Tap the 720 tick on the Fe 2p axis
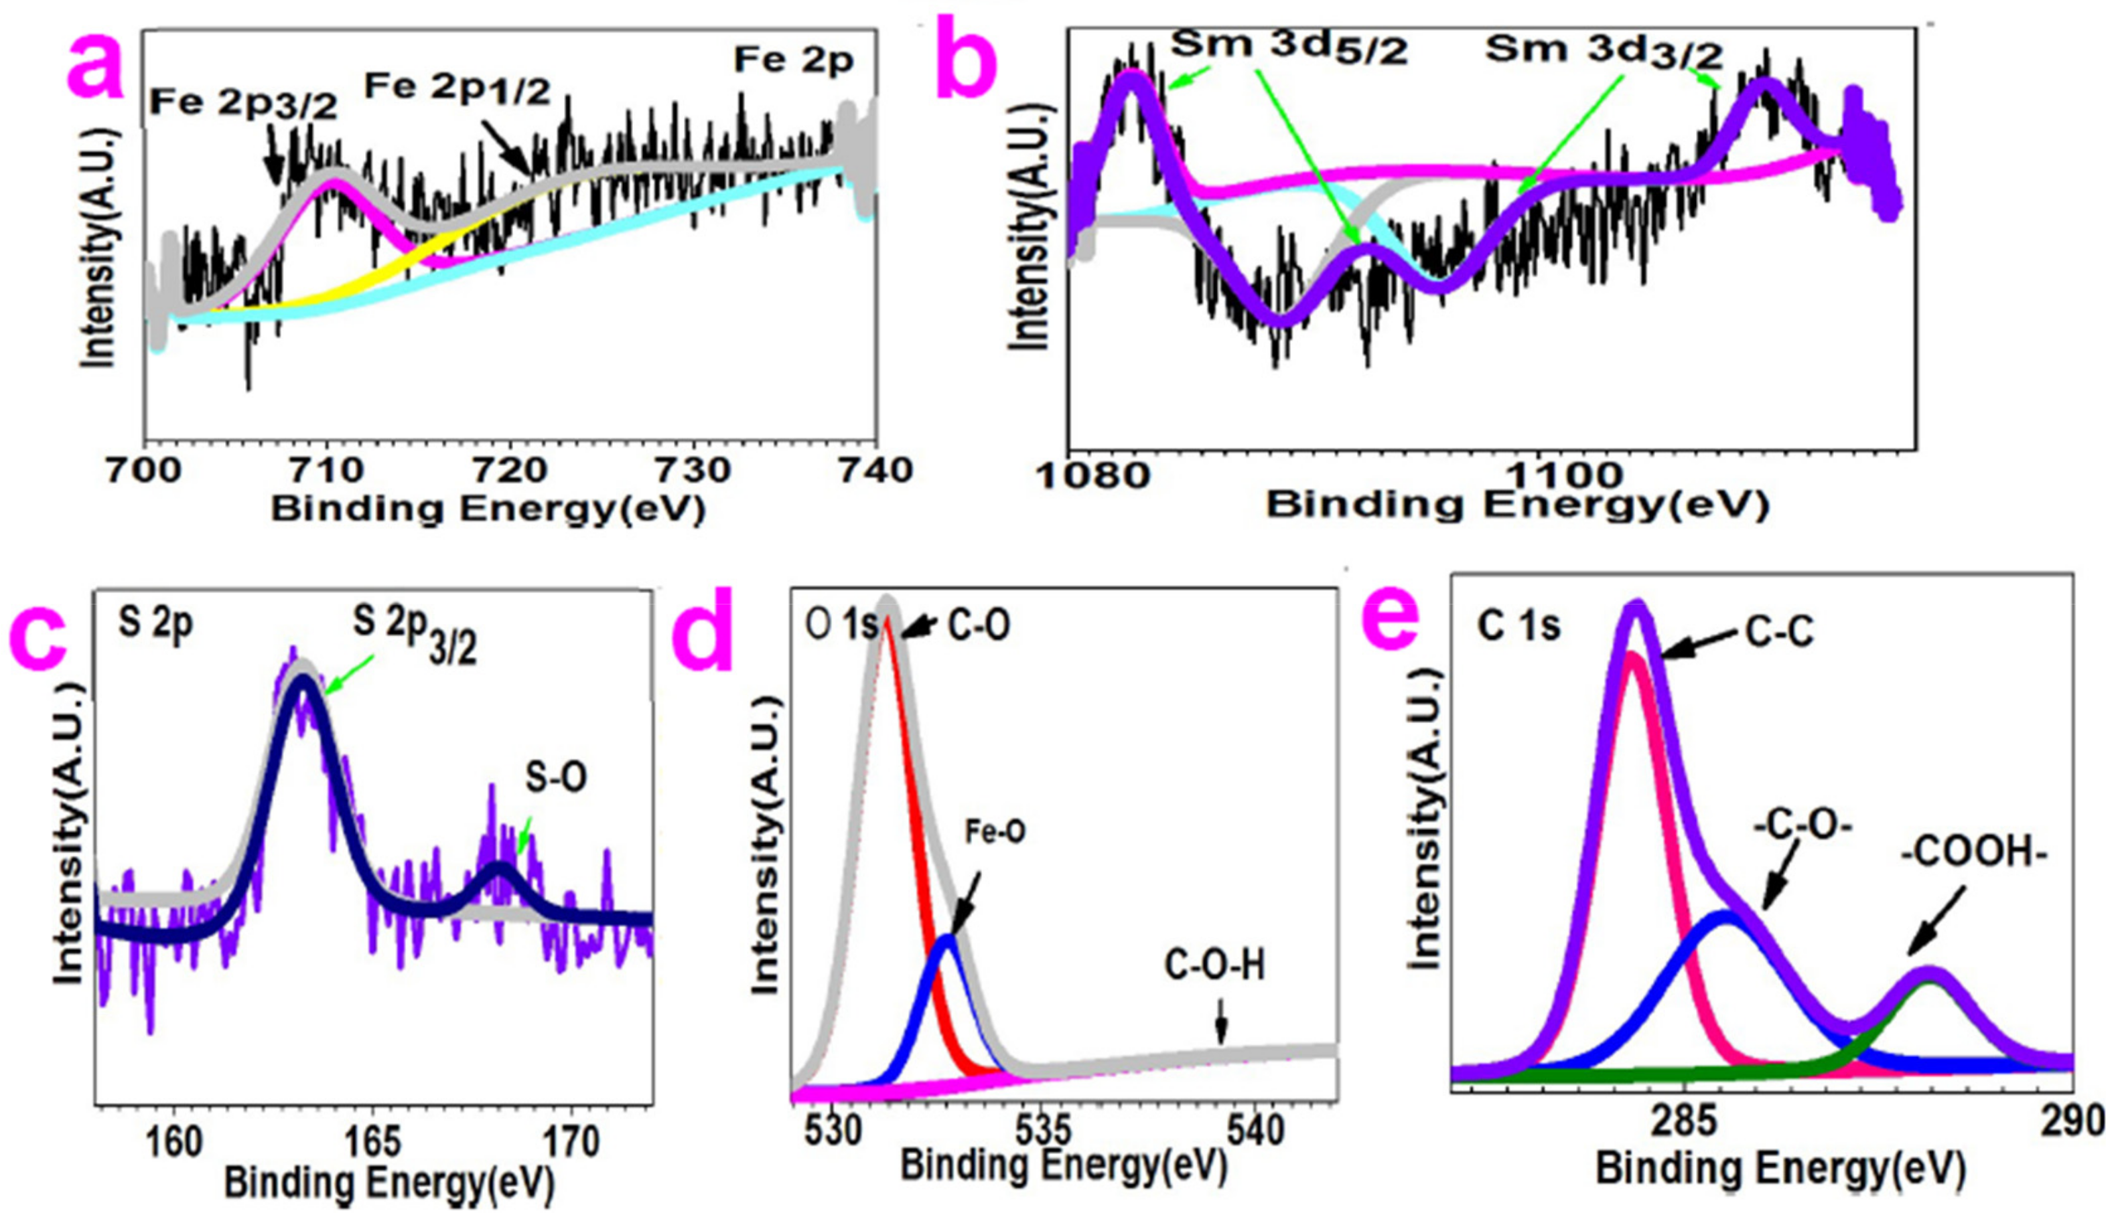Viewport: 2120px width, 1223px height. click(508, 469)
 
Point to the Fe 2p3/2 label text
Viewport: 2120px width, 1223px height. click(243, 102)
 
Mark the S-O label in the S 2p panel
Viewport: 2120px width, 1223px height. click(555, 778)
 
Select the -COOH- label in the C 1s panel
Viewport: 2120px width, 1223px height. click(1974, 854)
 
